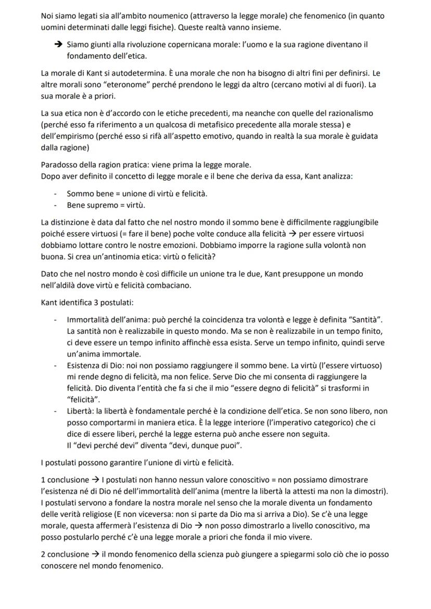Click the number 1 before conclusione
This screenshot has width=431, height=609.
pos(43,478)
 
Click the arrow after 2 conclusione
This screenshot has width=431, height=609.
pos(93,555)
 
